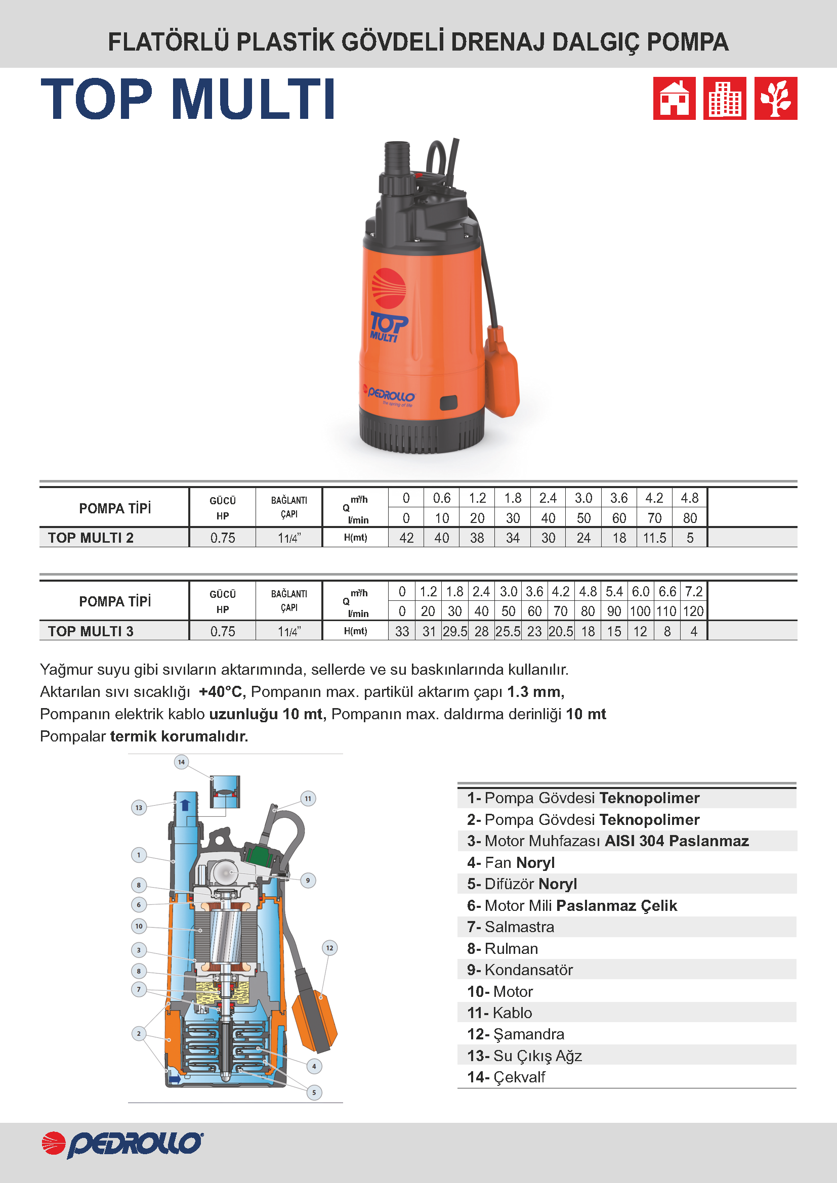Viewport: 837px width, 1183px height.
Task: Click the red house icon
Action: [x=674, y=99]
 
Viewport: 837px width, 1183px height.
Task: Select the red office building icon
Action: [x=724, y=99]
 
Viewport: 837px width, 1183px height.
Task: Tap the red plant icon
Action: [x=775, y=99]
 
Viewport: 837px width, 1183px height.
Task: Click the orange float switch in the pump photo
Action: [x=501, y=372]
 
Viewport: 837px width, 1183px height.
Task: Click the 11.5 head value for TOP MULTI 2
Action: [x=654, y=538]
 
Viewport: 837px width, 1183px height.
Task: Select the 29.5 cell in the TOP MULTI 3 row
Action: [x=454, y=631]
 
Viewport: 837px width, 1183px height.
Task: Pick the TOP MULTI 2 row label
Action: [x=91, y=538]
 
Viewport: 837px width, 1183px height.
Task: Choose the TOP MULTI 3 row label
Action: [x=91, y=631]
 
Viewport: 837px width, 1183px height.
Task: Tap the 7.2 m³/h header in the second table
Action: [x=693, y=592]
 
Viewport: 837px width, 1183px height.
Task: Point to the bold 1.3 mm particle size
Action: [x=535, y=691]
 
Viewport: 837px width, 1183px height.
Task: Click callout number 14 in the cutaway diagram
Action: [x=182, y=762]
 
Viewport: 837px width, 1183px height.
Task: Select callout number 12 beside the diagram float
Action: [x=329, y=948]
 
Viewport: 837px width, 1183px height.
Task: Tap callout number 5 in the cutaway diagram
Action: [x=314, y=1092]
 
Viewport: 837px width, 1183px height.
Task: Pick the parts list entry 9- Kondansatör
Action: [x=520, y=970]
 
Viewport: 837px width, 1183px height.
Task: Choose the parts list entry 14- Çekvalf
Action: [x=506, y=1077]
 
